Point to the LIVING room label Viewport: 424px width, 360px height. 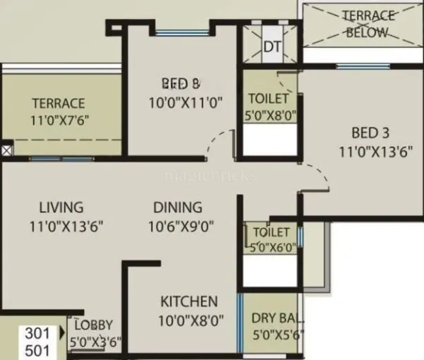[61, 208]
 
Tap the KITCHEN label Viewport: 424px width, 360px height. [189, 301]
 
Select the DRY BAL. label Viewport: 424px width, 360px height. [273, 318]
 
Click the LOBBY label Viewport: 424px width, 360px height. [93, 325]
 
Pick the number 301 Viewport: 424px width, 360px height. [37, 332]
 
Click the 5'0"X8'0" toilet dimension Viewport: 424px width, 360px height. [269, 116]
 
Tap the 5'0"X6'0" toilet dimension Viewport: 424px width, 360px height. [272, 248]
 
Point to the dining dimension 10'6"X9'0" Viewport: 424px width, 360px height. [182, 227]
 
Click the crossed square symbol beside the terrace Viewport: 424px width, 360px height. [6, 150]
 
